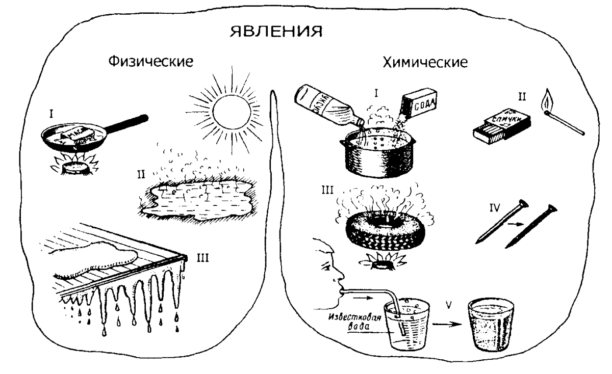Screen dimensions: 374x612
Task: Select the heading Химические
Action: (424, 63)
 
